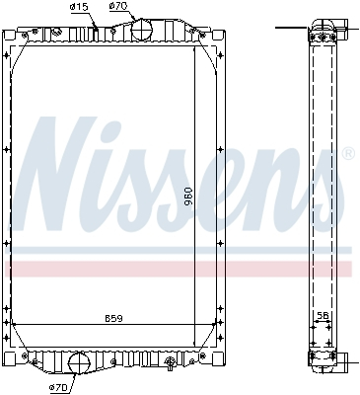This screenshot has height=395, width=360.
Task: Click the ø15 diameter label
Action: [79, 8]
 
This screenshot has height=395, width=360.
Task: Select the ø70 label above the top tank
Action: [118, 8]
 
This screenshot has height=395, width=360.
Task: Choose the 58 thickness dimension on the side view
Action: [323, 317]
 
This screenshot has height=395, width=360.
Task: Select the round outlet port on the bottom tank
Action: [79, 363]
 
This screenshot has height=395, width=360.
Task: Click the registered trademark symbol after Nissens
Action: [347, 153]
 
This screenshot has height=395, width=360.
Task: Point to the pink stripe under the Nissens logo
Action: [178, 269]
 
